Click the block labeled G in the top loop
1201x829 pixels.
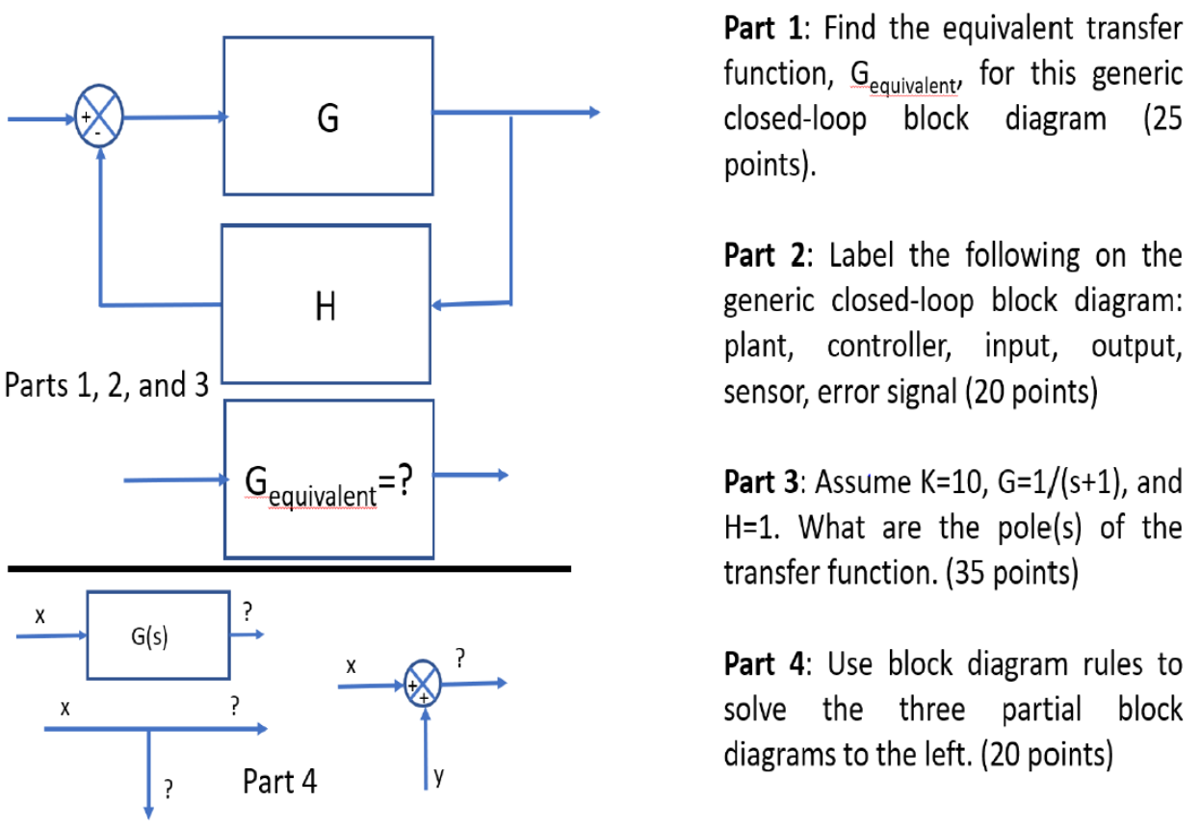[327, 116]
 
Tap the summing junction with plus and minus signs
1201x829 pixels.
[101, 118]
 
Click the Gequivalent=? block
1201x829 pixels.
[328, 479]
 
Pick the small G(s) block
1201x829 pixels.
[159, 635]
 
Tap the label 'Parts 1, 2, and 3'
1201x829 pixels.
[107, 386]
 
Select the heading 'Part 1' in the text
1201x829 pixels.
[763, 29]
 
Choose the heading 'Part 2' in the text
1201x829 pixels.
[763, 257]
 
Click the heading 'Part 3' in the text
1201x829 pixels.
[763, 481]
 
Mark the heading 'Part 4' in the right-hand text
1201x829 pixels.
[763, 664]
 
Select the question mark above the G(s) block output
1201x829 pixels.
[248, 610]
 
